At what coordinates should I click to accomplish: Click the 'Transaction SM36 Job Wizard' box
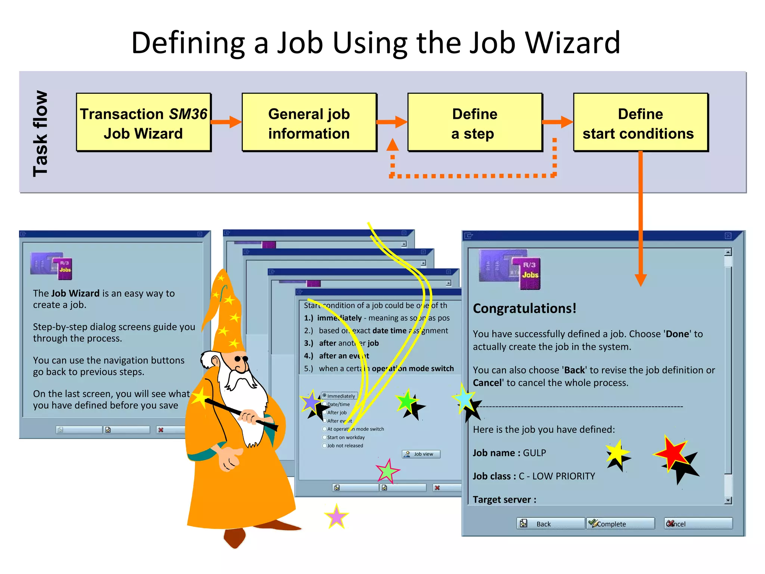143,123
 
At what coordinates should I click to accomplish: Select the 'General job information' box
309,123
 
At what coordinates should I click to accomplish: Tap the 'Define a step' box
474,123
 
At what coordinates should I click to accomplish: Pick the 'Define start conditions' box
640,123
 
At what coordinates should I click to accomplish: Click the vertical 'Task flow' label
40,133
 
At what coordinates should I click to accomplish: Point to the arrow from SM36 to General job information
226,122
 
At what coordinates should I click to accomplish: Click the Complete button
620,524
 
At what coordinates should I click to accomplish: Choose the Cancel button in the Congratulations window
698,524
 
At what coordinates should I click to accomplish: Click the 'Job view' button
421,454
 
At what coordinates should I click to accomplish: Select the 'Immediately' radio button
324,395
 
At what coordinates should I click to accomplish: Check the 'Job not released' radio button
324,445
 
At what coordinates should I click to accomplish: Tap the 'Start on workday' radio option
324,437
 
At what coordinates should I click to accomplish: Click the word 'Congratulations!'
524,308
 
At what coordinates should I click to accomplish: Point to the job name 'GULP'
534,453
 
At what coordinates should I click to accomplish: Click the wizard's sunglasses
241,359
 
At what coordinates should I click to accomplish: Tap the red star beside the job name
671,453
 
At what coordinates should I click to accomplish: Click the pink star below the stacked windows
337,516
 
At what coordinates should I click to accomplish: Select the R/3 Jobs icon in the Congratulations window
510,269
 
